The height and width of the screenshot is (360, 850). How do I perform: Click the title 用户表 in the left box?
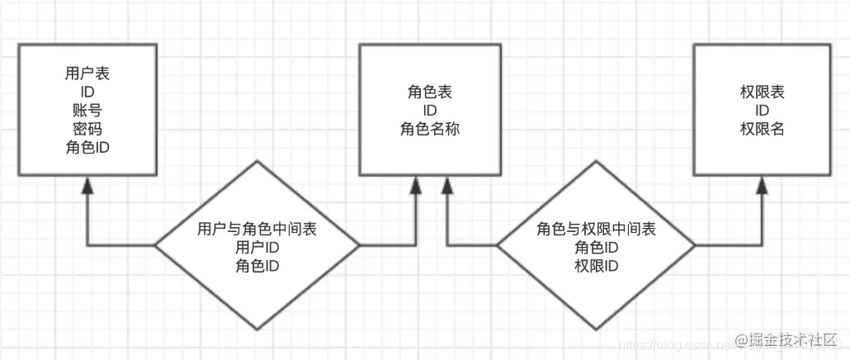87,73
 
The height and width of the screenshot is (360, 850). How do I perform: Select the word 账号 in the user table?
87,110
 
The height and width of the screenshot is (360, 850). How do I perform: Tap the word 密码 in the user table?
87,129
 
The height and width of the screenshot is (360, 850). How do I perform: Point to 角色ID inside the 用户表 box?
87,148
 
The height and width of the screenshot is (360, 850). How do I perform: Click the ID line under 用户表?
87,92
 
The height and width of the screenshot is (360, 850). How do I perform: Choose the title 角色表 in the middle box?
429,92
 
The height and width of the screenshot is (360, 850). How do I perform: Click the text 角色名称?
429,129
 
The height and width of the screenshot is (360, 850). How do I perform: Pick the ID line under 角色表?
429,111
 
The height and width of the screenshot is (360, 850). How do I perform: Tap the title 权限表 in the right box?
763,92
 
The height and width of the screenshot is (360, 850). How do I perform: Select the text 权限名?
763,129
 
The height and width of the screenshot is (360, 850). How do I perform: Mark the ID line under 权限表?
763,111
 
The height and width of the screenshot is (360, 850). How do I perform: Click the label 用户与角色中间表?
257,229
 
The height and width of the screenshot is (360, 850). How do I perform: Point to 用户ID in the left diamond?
257,247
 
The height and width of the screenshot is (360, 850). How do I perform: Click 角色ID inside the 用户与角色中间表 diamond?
257,265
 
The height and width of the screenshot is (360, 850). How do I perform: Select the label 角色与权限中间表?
596,229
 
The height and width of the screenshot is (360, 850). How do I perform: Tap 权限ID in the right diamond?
596,265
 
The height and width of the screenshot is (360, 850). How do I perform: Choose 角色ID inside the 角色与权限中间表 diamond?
596,247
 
